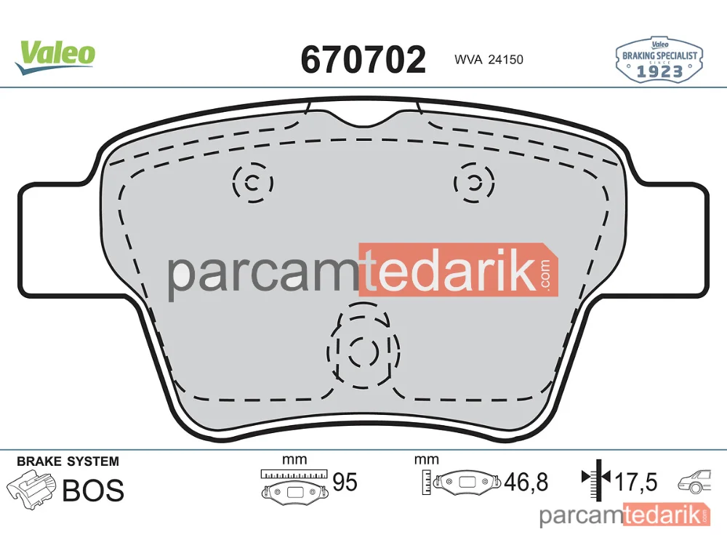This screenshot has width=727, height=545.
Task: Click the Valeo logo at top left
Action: pyautogui.click(x=55, y=57)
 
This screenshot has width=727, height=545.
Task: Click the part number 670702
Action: pyautogui.click(x=363, y=60)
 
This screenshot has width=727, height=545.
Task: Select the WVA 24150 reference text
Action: pyautogui.click(x=489, y=60)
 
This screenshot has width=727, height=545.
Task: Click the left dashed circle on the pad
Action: pyautogui.click(x=234, y=182)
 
